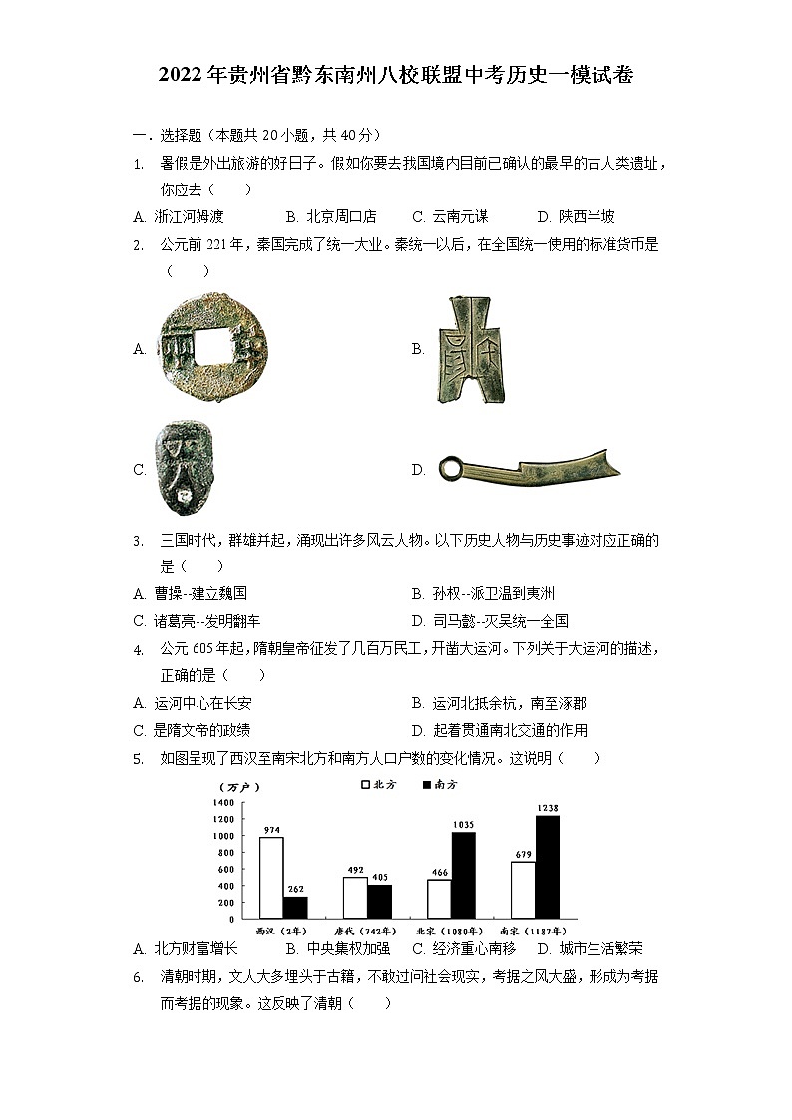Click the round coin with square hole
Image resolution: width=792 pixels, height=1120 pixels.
pyautogui.click(x=206, y=347)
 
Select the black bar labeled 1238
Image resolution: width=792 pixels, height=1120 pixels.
pyautogui.click(x=548, y=867)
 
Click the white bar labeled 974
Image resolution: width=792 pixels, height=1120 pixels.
pyautogui.click(x=270, y=878)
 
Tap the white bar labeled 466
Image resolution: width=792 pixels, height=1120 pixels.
pyautogui.click(x=439, y=899)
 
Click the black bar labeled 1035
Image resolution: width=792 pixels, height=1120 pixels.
pyautogui.click(x=463, y=875)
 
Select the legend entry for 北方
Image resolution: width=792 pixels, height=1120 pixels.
pyautogui.click(x=379, y=785)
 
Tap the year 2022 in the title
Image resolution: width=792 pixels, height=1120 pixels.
pyautogui.click(x=181, y=75)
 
